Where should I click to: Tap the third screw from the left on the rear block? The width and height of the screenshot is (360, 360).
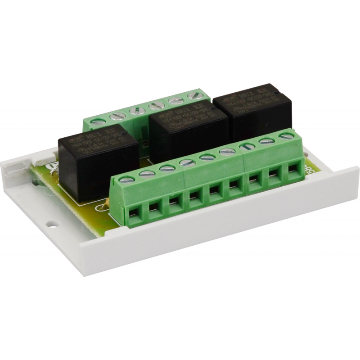point(134,111)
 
